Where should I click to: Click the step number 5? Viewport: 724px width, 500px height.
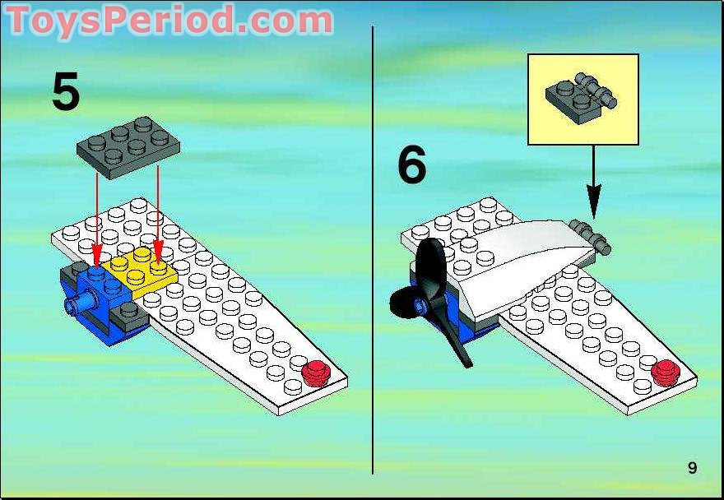(x=66, y=92)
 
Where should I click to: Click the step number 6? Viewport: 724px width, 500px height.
(x=412, y=164)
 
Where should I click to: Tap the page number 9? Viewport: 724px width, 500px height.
(x=692, y=468)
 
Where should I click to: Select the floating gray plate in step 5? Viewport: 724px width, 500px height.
(x=128, y=146)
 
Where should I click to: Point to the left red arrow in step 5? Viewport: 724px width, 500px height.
(x=96, y=220)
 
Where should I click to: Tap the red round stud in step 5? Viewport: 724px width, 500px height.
(x=315, y=373)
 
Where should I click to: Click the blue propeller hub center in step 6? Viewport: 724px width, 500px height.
(x=420, y=305)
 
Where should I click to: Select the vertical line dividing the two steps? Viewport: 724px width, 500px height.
(x=373, y=250)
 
